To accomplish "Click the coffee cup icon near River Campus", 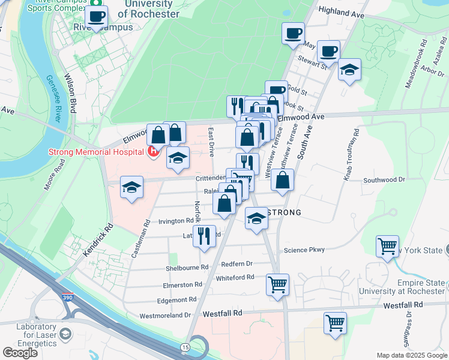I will click(x=96, y=17).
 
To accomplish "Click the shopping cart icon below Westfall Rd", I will click(x=335, y=323).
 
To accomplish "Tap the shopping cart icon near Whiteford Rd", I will click(x=277, y=284).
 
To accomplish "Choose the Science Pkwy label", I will click(x=304, y=250).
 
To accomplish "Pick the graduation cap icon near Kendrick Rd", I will click(x=132, y=187).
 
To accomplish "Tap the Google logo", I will click(x=20, y=353).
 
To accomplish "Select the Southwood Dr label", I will click(x=385, y=179).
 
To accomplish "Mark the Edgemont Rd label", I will click(x=176, y=299).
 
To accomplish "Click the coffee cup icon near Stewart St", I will click(x=328, y=52).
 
